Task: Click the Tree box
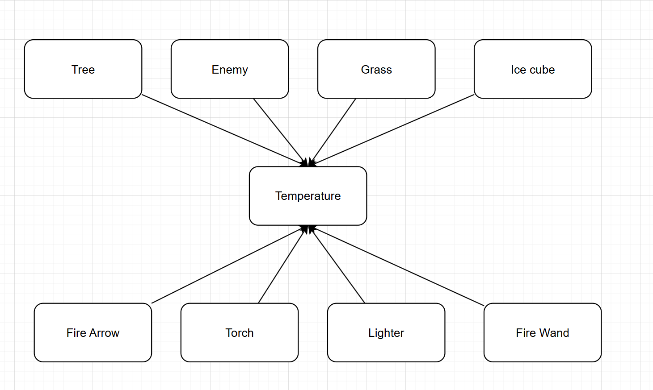click(x=83, y=69)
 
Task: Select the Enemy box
click(x=230, y=69)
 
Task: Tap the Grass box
click(x=376, y=69)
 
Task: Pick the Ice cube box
click(x=533, y=69)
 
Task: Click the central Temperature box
click(x=308, y=196)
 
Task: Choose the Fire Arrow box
click(x=93, y=333)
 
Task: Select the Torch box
click(x=240, y=333)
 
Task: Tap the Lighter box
click(x=386, y=333)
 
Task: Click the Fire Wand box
click(x=543, y=333)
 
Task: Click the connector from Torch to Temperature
click(x=282, y=266)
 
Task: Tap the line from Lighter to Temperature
click(x=338, y=266)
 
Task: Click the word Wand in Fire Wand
click(x=554, y=333)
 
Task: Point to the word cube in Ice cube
click(x=542, y=70)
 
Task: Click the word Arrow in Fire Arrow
click(x=104, y=333)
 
